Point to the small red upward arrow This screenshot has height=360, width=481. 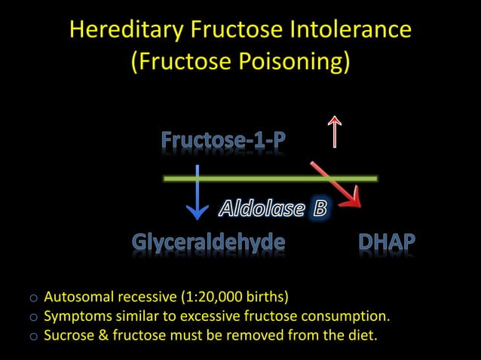tap(332, 131)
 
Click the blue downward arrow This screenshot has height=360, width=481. tap(197, 194)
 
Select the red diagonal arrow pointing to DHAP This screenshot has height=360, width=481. tap(337, 185)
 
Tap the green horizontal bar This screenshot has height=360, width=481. tap(271, 178)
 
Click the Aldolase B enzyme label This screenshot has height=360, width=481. tap(272, 209)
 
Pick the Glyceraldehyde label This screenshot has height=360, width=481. tap(209, 243)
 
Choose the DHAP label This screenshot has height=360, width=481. tap(387, 243)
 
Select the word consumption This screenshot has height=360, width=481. tap(351, 314)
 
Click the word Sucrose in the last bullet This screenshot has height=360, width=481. tap(69, 334)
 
